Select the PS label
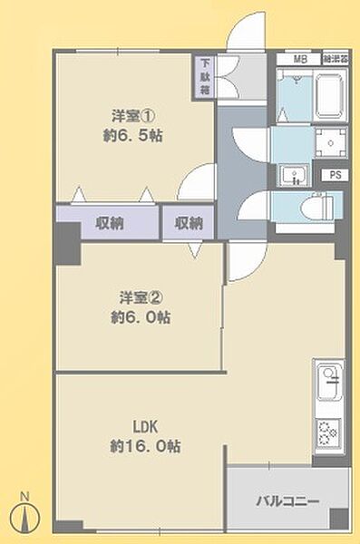pos(336,175)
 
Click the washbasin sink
pos(292,174)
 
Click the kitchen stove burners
pos(328,432)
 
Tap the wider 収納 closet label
pos(108,222)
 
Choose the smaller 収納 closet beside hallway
pos(189,222)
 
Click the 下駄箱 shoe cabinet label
pos(207,78)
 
